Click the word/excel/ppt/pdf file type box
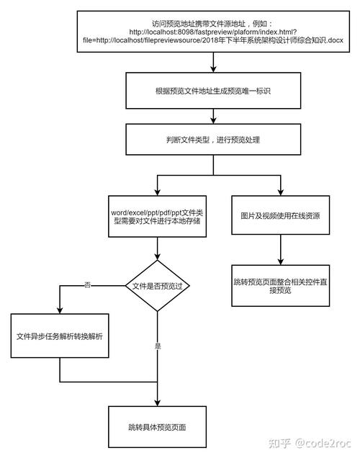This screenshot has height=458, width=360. point(157,215)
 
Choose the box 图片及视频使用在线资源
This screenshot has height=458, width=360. point(280,215)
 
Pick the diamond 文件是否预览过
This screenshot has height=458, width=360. point(157,286)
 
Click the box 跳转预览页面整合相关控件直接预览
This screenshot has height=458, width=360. point(280,286)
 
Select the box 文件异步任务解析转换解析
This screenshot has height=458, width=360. point(60,335)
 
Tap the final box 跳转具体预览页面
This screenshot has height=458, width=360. point(157,427)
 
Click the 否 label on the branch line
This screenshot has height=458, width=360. point(87,286)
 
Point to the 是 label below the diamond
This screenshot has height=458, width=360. point(158,346)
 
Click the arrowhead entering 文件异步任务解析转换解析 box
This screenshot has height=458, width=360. point(60,310)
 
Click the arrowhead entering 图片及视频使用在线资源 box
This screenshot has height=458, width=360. point(280,191)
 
